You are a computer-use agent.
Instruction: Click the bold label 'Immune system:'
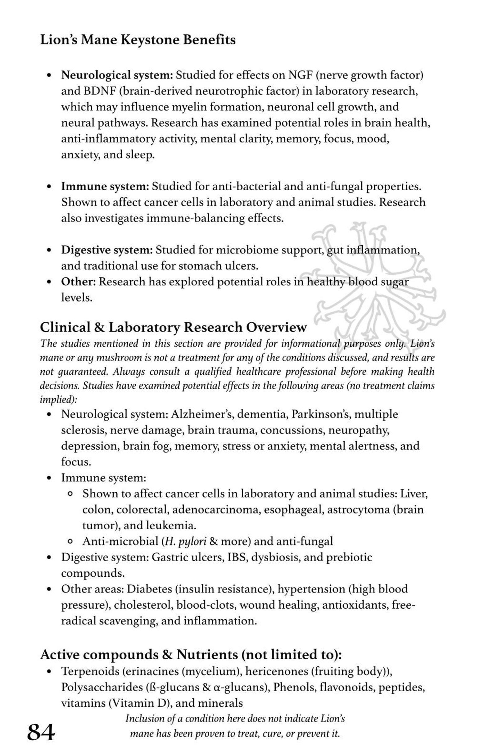pos(105,186)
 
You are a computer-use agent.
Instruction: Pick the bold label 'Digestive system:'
pos(107,250)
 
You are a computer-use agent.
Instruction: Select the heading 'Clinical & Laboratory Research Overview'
pos(173,327)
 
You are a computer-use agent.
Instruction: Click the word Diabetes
pos(149,589)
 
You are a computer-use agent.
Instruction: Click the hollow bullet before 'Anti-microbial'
pos(70,542)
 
